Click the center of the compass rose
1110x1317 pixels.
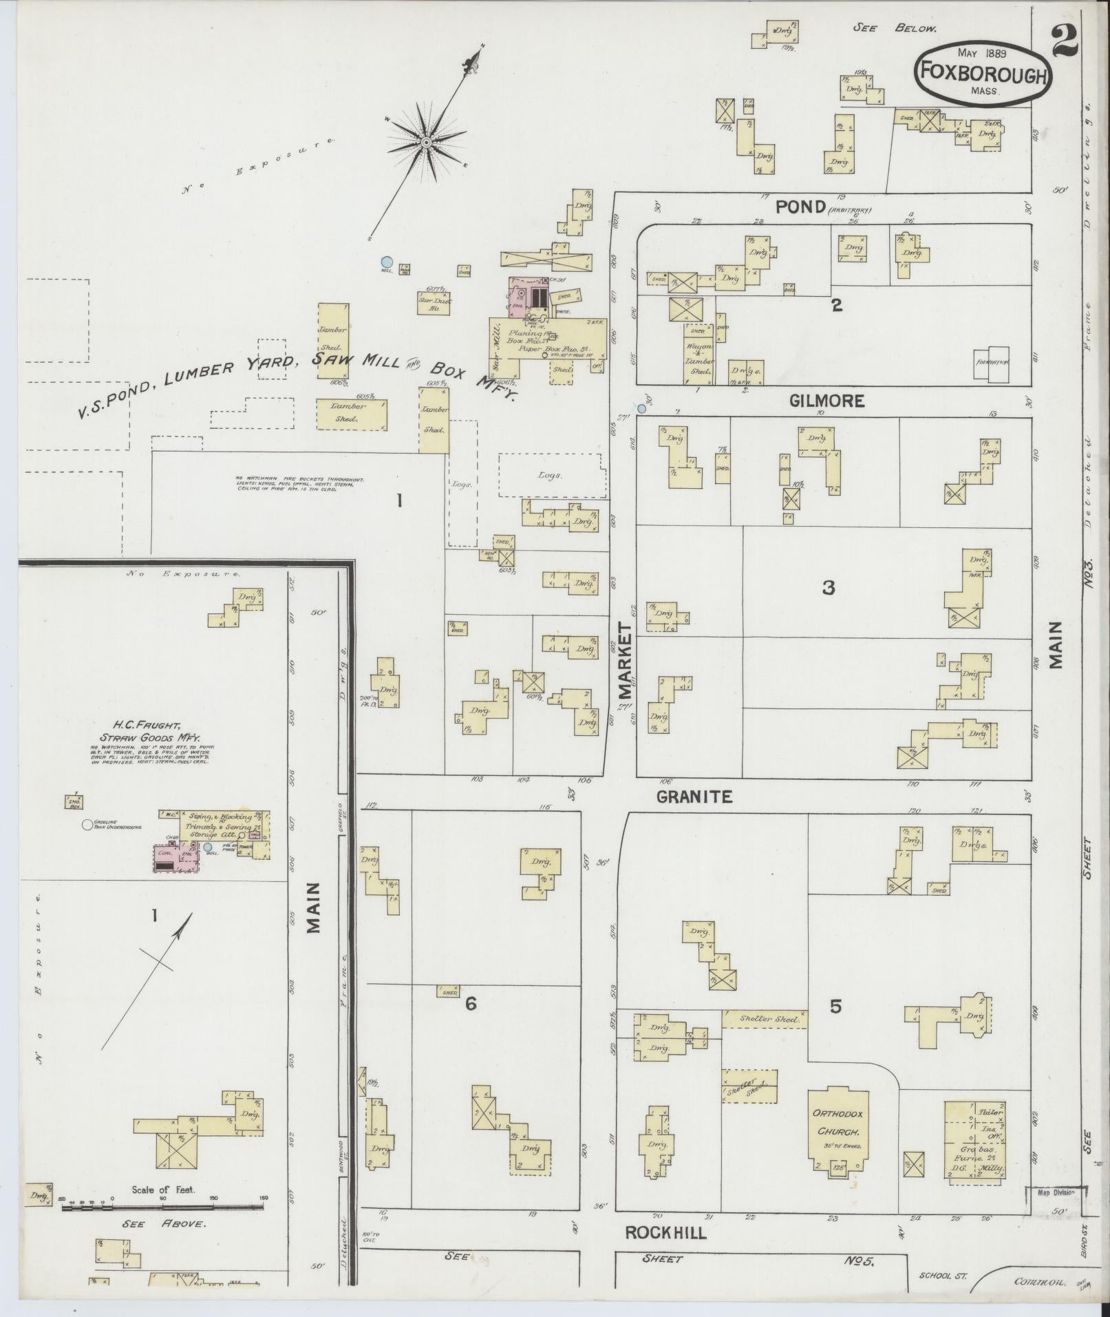coord(426,142)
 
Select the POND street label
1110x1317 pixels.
coord(800,207)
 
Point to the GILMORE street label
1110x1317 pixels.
coord(827,401)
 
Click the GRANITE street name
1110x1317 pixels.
coord(693,797)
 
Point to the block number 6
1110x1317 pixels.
coord(471,1004)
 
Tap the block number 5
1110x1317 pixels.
coord(835,1007)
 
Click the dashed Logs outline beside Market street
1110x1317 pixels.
coord(552,475)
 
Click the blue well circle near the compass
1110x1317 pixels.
coord(387,262)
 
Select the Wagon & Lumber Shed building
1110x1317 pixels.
coord(700,358)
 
